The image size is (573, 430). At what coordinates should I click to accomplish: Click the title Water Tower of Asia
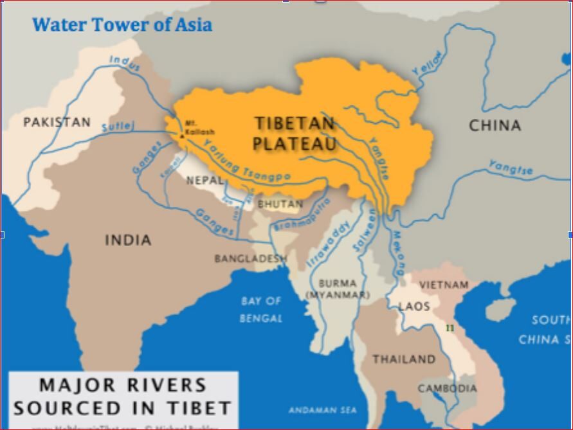[x=122, y=25]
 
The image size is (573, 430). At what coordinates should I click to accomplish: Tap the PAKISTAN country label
[x=57, y=122]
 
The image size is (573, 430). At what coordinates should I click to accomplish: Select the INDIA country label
[x=128, y=240]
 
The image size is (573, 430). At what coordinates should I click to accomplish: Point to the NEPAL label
[x=205, y=181]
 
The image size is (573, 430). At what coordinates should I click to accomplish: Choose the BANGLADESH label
[x=251, y=258]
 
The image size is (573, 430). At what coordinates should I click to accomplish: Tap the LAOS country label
[x=414, y=307]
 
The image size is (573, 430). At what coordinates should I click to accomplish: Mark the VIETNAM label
[x=444, y=285]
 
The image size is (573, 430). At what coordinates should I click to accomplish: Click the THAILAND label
[x=404, y=359]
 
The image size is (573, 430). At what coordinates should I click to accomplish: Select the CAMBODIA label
[x=448, y=388]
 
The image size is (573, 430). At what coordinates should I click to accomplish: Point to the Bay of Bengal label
[x=261, y=309]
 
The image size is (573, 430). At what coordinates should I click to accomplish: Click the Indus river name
[x=124, y=61]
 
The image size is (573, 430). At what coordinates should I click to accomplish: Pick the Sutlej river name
[x=118, y=127]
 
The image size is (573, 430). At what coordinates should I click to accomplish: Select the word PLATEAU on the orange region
[x=295, y=143]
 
